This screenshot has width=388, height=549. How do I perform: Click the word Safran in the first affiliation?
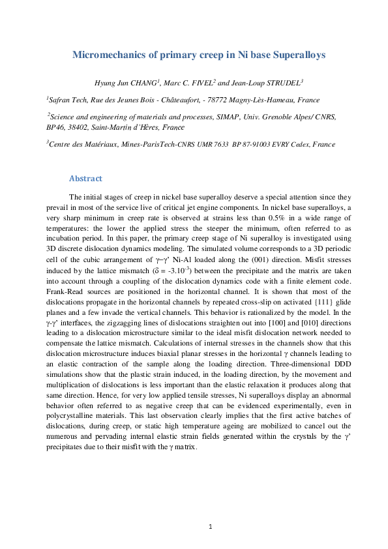point(60,100)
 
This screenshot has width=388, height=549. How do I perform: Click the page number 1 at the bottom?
point(211,526)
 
